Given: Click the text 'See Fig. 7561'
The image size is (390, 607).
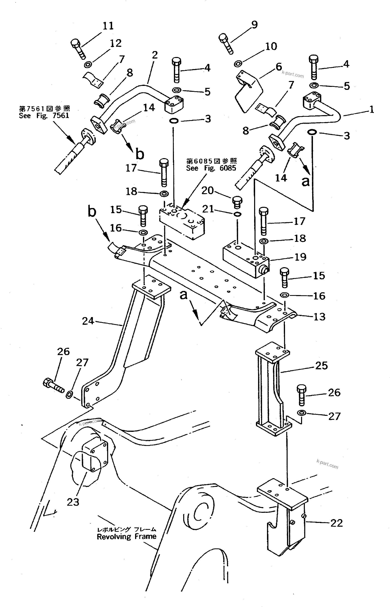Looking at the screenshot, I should pos(44,116).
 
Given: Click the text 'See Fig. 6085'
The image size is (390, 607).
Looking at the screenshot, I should pos(211,168).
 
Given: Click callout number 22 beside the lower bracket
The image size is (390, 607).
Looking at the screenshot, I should pos(336,523).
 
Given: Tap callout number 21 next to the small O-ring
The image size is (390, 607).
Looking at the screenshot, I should pos(208,209).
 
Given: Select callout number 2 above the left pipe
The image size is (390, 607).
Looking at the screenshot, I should pos(155,55).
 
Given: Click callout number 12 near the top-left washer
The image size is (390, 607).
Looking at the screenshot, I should pos(115,43).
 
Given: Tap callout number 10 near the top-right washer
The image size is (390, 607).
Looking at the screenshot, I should pos(271,46).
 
